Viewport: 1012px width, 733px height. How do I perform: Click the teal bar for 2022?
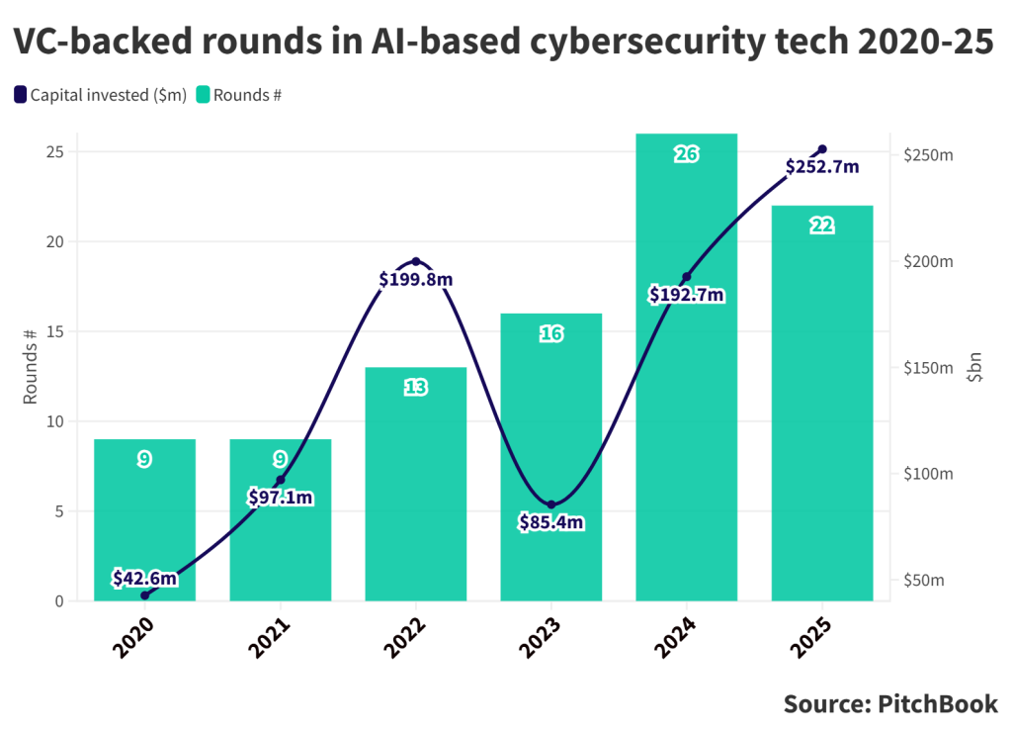[415, 485]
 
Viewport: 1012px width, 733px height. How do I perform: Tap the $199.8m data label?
[416, 280]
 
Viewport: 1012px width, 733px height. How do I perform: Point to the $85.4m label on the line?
[551, 522]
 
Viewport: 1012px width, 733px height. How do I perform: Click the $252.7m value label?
[822, 167]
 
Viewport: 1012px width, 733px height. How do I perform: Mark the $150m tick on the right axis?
[928, 368]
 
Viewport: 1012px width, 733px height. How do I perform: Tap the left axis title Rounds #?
[31, 366]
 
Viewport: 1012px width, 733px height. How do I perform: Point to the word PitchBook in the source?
[934, 704]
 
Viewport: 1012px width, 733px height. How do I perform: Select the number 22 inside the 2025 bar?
[822, 227]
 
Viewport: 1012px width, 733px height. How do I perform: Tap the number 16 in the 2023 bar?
[551, 334]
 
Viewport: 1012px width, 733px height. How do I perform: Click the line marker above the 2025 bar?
[822, 149]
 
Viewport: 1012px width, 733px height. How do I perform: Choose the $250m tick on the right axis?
[928, 156]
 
